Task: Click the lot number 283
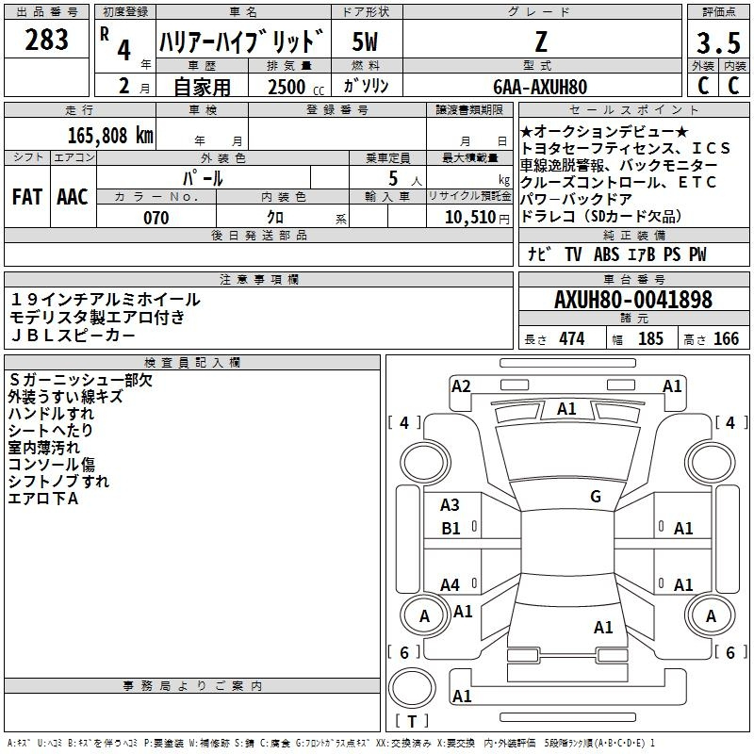[x=46, y=40]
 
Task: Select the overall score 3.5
[x=718, y=42]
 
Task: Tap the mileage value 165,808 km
[x=110, y=136]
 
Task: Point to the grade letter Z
[x=541, y=41]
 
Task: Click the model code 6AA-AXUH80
[x=540, y=87]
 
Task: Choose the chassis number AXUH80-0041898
[x=633, y=300]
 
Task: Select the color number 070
[x=156, y=218]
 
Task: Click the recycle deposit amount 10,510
[x=470, y=218]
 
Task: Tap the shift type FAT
[x=27, y=197]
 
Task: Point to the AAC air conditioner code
[x=73, y=197]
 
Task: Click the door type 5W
[x=365, y=41]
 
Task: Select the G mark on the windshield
[x=596, y=497]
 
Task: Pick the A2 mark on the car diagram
[x=461, y=386]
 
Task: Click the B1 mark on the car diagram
[x=451, y=529]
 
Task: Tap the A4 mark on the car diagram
[x=450, y=584]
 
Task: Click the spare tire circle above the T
[x=412, y=688]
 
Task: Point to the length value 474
[x=572, y=339]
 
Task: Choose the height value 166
[x=726, y=339]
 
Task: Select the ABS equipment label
[x=606, y=254]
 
